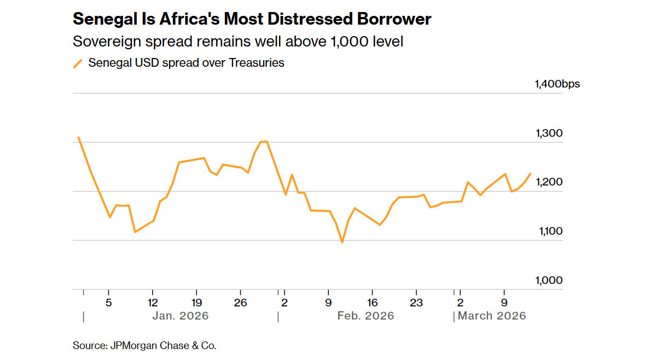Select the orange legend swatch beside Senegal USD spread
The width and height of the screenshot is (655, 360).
coord(78,63)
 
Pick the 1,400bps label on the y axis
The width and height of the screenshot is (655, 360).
coord(557,84)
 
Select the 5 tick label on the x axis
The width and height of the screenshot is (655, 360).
coord(109,302)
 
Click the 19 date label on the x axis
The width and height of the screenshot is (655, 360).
coord(196,302)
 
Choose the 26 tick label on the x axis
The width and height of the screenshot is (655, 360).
coord(240,302)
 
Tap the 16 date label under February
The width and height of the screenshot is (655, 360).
coord(372,302)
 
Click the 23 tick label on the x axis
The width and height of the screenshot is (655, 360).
coord(416,302)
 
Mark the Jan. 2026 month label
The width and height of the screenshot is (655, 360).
coord(181,316)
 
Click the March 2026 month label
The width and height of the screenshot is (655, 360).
coord(491,316)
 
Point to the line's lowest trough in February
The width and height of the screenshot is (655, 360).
coord(343,242)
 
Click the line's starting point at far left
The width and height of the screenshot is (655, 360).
coord(78,137)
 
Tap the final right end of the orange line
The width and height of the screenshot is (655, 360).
coord(530,173)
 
